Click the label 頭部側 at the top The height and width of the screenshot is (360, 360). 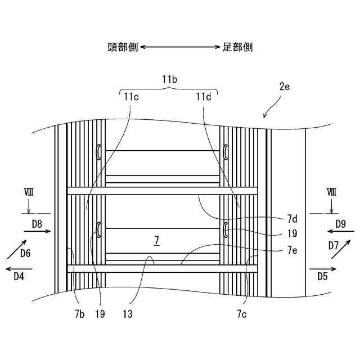tap(124, 47)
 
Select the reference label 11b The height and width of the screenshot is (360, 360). tap(169, 80)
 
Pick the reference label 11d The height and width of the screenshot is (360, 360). tap(204, 96)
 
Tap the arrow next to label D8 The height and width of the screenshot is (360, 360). tap(39, 232)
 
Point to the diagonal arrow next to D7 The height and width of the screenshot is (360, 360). tap(339, 248)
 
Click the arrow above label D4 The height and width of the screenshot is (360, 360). tap(20, 269)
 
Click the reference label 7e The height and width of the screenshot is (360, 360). tap(292, 251)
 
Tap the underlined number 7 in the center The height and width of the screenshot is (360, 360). tap(157, 240)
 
